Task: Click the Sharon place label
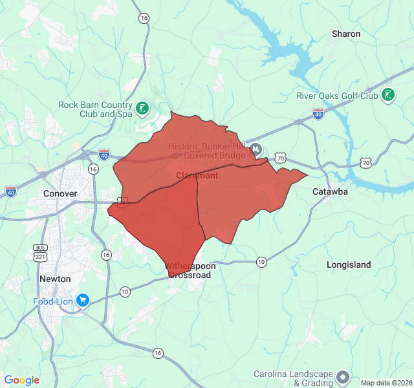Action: pyautogui.click(x=346, y=34)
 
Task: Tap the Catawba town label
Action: pyautogui.click(x=330, y=192)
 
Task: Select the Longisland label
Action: pyautogui.click(x=349, y=264)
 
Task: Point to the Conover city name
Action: pyautogui.click(x=60, y=193)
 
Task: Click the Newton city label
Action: pyautogui.click(x=55, y=278)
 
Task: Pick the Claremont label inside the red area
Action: pyautogui.click(x=197, y=176)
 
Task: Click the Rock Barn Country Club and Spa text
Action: pyautogui.click(x=95, y=109)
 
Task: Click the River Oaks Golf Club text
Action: pyautogui.click(x=337, y=96)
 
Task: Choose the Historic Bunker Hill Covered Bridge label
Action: pyautogui.click(x=206, y=151)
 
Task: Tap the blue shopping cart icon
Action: pyautogui.click(x=82, y=301)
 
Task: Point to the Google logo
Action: pyautogui.click(x=22, y=380)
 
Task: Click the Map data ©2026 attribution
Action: pyautogui.click(x=386, y=383)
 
